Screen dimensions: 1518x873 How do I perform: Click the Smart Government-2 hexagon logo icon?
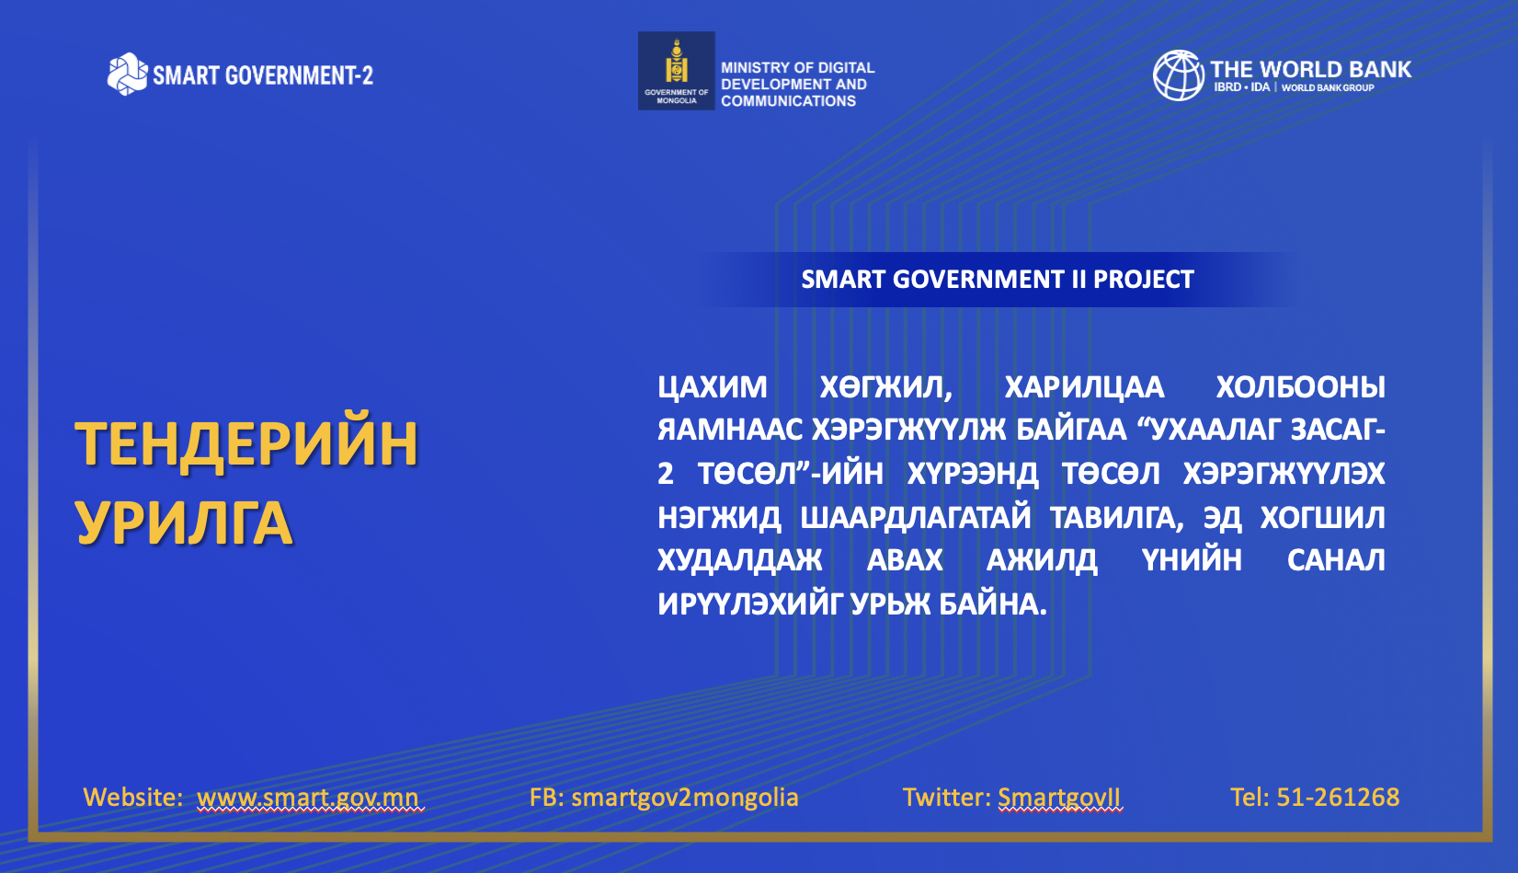(x=128, y=74)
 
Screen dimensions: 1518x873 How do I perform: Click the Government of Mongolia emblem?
(x=677, y=71)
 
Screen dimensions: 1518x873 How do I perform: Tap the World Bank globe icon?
(x=1179, y=75)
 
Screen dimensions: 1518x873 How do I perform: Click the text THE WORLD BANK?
(x=1310, y=69)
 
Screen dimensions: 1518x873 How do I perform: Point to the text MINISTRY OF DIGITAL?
(x=798, y=68)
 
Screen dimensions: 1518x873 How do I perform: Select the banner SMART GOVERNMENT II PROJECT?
(x=998, y=280)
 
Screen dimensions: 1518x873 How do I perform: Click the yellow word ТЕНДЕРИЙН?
(x=246, y=444)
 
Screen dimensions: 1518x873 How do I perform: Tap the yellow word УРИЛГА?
(x=184, y=523)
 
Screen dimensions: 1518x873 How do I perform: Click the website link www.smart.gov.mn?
(x=308, y=797)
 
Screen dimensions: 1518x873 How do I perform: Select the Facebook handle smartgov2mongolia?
(x=685, y=797)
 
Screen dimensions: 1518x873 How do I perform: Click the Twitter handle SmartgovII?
(x=1059, y=797)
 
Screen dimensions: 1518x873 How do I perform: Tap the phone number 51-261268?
(x=1338, y=797)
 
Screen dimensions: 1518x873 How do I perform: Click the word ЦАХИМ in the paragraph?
(x=713, y=387)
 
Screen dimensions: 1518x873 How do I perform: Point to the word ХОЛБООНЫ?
(x=1300, y=387)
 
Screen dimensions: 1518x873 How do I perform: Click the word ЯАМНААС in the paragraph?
(x=730, y=430)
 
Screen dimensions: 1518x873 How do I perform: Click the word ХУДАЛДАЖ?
(x=739, y=560)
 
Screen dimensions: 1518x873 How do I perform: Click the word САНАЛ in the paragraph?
(x=1336, y=560)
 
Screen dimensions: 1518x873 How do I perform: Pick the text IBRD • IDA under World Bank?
(x=1241, y=87)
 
